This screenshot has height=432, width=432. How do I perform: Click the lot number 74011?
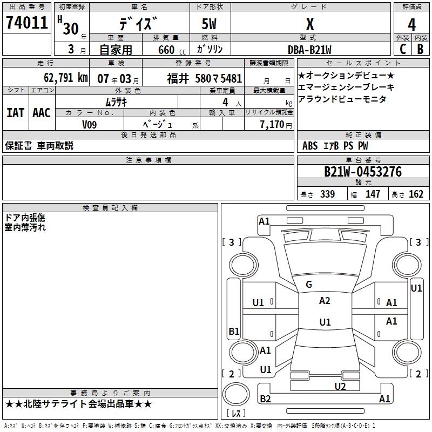click(x=26, y=24)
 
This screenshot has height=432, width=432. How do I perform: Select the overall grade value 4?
click(x=411, y=25)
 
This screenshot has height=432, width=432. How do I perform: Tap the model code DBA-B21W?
click(x=310, y=49)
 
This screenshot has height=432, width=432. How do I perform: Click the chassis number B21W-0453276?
click(x=363, y=172)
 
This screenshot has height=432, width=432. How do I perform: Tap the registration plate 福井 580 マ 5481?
click(x=205, y=78)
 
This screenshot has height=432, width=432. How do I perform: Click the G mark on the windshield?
click(x=309, y=285)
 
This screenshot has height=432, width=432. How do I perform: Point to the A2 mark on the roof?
click(x=325, y=301)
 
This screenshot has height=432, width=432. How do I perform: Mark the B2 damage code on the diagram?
click(x=265, y=399)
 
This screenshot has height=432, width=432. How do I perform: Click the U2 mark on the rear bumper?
click(x=340, y=386)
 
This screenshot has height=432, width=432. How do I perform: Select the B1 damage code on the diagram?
click(x=234, y=331)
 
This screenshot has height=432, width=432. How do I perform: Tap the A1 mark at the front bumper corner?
click(x=264, y=221)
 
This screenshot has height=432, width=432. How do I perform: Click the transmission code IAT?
click(x=15, y=113)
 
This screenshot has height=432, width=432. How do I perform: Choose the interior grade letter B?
click(x=420, y=49)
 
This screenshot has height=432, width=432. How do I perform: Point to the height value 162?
click(x=416, y=194)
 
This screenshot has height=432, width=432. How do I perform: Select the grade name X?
click(x=310, y=24)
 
